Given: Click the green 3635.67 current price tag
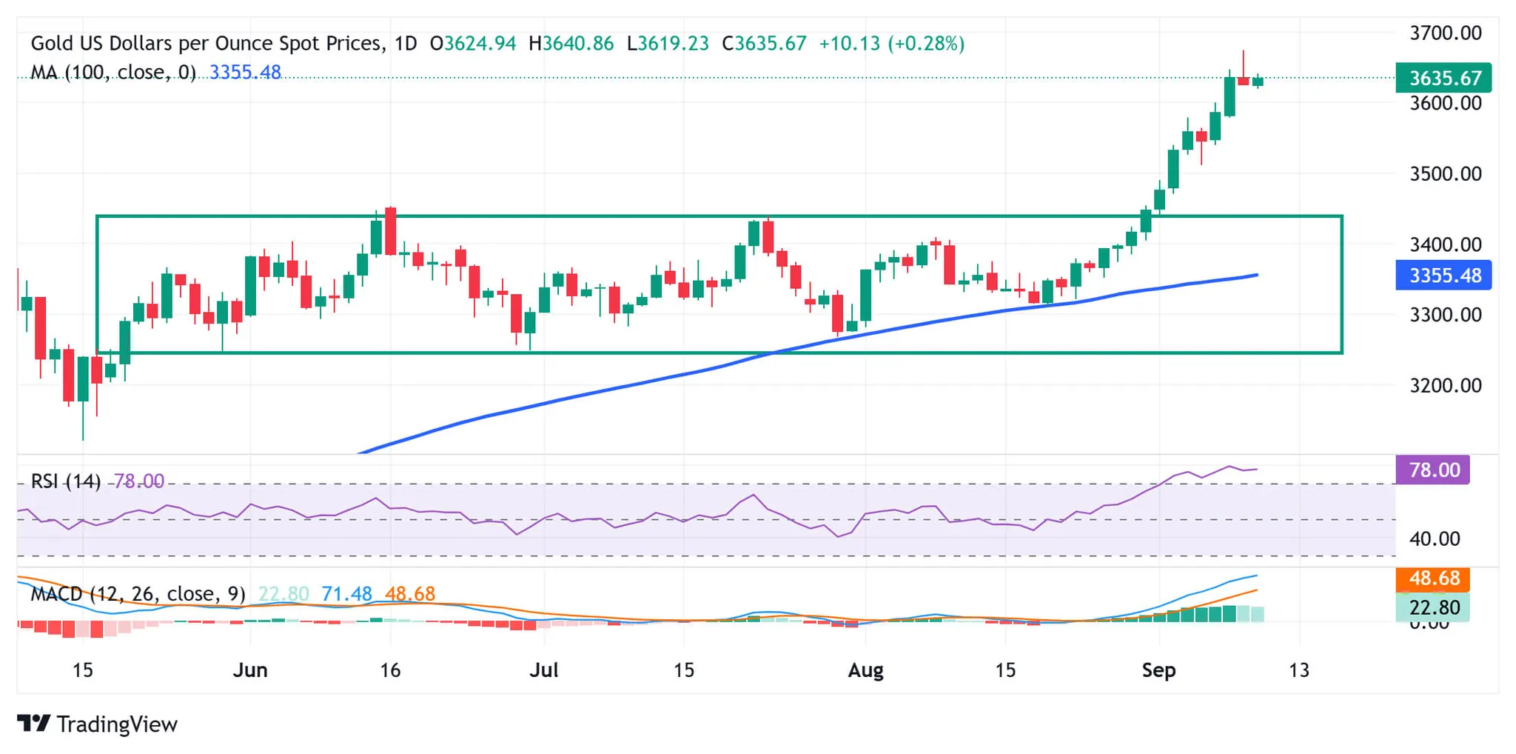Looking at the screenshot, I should coord(1443,78).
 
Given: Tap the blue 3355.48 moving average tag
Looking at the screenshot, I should coord(1443,276).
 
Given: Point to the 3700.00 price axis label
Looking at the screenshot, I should coord(1445,33).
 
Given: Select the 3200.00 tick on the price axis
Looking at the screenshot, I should coord(1445,386).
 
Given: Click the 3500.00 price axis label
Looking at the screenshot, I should coord(1445,174).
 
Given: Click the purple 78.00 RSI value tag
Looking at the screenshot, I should coord(1432,470).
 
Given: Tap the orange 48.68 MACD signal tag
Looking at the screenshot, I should coord(1432,578).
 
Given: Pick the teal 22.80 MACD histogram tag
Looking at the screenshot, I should coord(1432,608).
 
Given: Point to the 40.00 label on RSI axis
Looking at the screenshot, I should coord(1434,539).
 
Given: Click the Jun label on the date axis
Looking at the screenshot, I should coord(249,670).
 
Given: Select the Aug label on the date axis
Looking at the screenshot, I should coord(865,670).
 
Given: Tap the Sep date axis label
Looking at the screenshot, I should coord(1158,670).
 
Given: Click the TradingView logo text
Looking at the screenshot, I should coord(116,724).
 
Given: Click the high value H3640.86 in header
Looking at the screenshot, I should coord(571,44).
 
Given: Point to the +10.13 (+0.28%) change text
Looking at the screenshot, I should coord(891,44).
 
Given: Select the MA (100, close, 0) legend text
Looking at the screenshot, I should coord(113,73).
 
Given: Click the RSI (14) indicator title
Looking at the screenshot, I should coord(65,481).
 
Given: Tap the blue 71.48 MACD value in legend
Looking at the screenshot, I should coord(346,594).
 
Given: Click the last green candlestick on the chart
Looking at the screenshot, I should coord(1258,81).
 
